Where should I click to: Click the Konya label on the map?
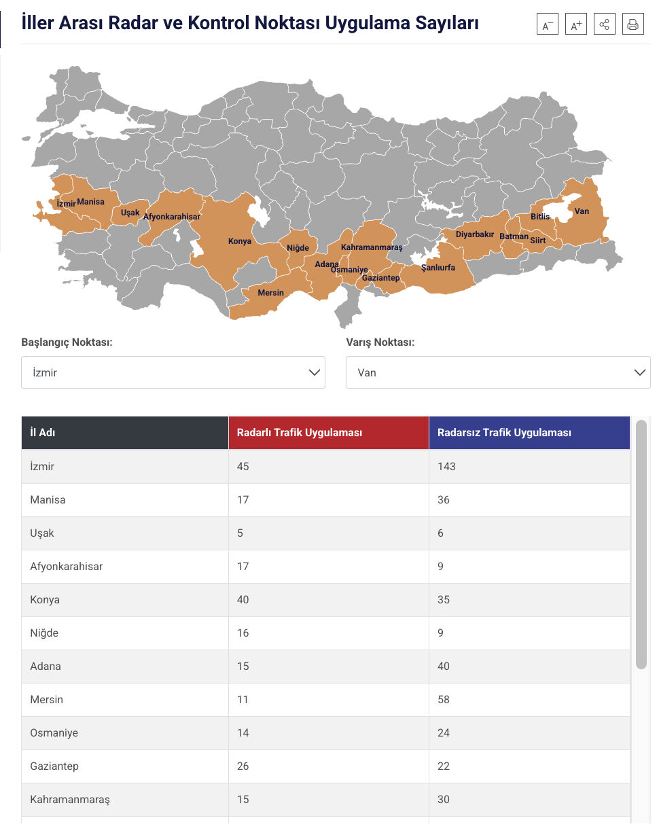(x=240, y=241)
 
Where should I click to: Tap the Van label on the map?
(x=582, y=211)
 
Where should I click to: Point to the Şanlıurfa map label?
(x=438, y=268)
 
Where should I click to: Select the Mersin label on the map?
(x=271, y=293)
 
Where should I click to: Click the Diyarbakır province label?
(x=475, y=234)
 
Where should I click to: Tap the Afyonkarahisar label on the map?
(x=172, y=217)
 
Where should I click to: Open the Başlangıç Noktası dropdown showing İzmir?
(x=173, y=372)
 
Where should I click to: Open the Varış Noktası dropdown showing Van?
(x=498, y=372)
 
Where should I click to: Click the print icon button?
(x=633, y=25)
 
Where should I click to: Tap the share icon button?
(x=604, y=25)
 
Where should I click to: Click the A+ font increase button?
(x=575, y=25)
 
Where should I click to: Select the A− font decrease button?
(x=547, y=25)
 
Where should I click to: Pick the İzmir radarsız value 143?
(x=446, y=467)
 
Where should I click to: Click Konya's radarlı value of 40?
(x=243, y=600)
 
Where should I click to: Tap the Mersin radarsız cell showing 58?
(x=444, y=700)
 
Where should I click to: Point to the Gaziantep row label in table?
(x=54, y=766)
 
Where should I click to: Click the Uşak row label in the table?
(x=42, y=533)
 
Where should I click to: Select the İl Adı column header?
(x=43, y=433)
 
